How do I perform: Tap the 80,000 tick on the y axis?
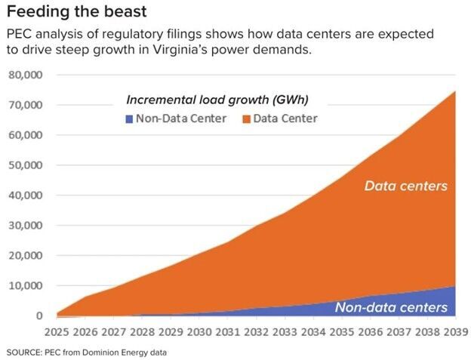pos(26,75)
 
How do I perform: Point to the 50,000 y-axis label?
pos(26,165)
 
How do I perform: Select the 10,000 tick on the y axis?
pos(26,285)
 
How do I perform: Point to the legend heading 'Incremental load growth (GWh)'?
pos(217,100)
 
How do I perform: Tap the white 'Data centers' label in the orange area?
pos(407,186)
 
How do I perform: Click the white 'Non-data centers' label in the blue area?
pos(391,307)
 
